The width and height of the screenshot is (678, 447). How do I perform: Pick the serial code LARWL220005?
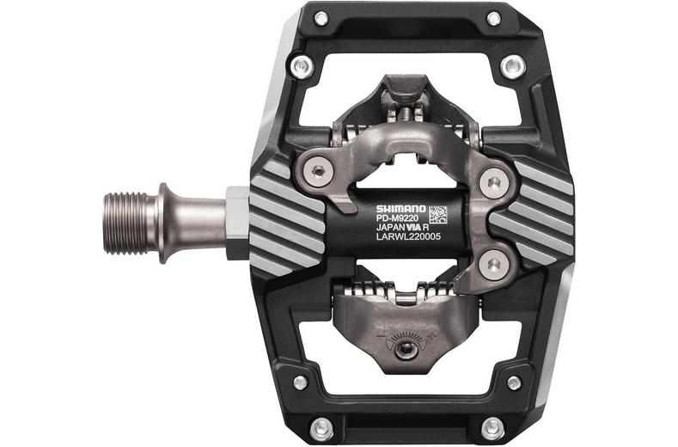click(x=407, y=242)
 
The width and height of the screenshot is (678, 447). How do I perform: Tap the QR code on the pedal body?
click(x=437, y=213)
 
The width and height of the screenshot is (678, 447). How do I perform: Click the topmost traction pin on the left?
click(x=321, y=18)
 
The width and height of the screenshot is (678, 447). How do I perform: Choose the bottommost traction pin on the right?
click(x=493, y=427)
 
